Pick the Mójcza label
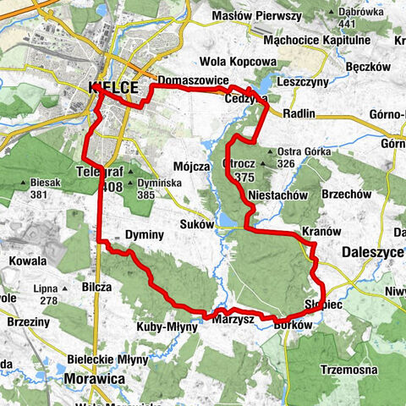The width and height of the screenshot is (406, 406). tap(190, 167)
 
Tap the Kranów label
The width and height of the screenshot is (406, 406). tap(321, 232)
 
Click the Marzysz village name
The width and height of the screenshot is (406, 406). tap(234, 318)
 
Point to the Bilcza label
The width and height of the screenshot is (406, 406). tap(96, 287)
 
